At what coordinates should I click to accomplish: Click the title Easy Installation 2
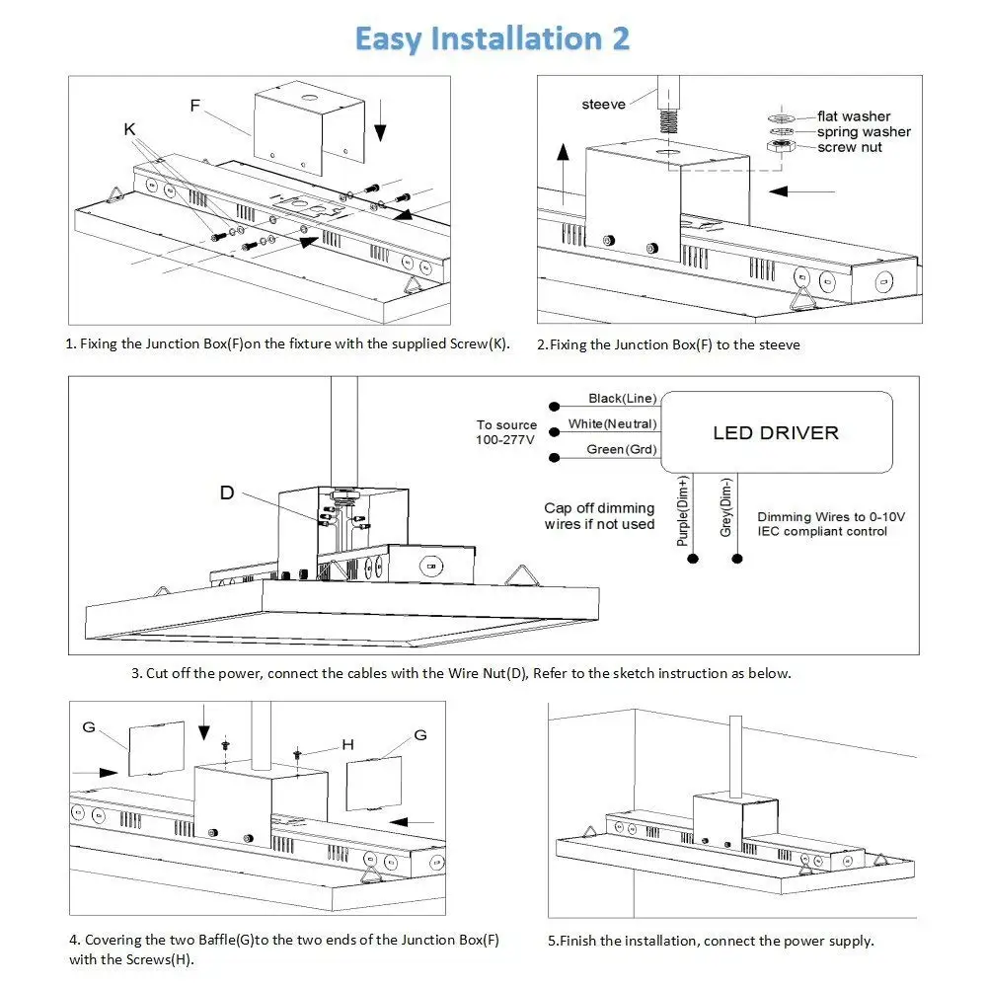coord(492,38)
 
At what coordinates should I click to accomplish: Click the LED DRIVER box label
coord(776,432)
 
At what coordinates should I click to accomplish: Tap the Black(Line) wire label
coord(622,398)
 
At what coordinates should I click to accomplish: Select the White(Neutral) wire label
coord(612,424)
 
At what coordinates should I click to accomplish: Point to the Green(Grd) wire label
coord(619,450)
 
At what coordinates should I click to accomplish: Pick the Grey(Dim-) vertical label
coord(726,507)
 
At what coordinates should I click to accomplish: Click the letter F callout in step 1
coord(195,103)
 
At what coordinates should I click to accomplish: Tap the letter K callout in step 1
coord(130,128)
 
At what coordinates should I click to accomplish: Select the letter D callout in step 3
coord(227,492)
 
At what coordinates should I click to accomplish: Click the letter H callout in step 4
coord(347,744)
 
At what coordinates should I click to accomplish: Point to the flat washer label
coord(853,116)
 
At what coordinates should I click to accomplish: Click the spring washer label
coord(864,132)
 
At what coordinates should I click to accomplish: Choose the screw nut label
coord(850,147)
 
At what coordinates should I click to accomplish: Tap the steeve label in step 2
coord(603,105)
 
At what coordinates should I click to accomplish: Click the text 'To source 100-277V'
coord(507,432)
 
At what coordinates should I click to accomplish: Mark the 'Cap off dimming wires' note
coord(599,516)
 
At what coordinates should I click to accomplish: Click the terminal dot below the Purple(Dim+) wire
coord(693,560)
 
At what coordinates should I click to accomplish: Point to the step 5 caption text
coord(711,941)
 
